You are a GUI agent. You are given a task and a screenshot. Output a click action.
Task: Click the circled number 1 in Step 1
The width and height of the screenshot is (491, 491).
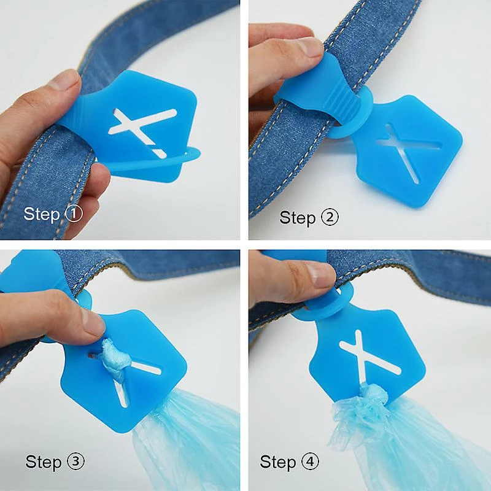74,214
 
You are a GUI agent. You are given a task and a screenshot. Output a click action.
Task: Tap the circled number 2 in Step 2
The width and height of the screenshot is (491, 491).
330,217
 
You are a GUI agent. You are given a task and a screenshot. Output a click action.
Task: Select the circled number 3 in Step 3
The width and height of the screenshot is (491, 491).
75,462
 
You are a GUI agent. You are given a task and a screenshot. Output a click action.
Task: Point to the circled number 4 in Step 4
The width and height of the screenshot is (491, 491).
310,462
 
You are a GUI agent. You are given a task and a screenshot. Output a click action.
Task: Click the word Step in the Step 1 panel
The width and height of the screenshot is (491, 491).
42,215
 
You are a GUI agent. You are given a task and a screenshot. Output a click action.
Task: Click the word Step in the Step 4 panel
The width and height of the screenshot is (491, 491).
278,463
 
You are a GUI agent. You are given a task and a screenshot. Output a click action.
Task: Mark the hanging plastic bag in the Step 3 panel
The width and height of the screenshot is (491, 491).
185,438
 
